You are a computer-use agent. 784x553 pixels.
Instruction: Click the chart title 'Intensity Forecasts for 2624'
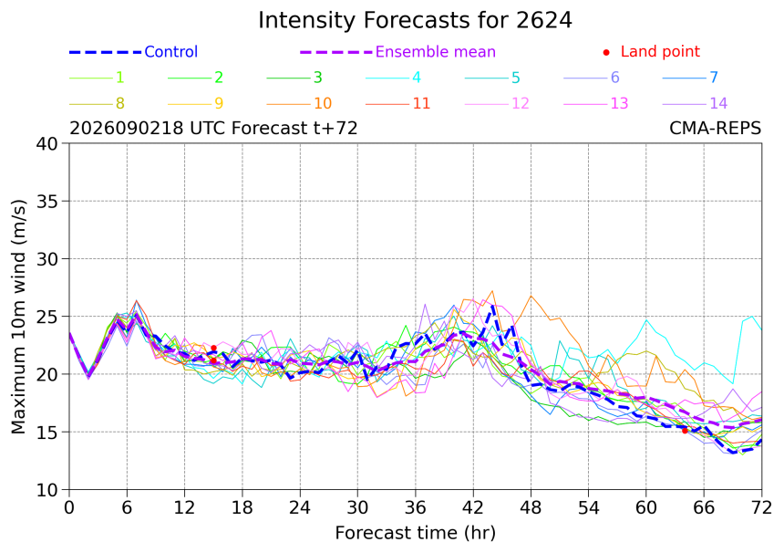(x=415, y=20)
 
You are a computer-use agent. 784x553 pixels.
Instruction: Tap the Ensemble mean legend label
(x=436, y=51)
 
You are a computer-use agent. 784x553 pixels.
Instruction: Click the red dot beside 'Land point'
(x=606, y=52)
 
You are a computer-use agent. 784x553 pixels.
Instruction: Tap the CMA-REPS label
(x=715, y=128)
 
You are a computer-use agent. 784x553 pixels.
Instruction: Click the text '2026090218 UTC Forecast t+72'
(x=213, y=128)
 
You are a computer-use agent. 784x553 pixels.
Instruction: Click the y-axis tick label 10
(x=48, y=490)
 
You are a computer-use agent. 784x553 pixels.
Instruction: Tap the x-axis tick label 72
(x=761, y=508)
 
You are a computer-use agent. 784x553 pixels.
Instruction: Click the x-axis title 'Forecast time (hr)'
(x=416, y=533)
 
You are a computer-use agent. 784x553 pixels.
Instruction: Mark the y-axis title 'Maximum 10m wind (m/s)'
(x=18, y=317)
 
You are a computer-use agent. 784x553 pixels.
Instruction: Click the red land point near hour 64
(x=685, y=431)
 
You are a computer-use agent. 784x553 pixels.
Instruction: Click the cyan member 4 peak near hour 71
(x=751, y=317)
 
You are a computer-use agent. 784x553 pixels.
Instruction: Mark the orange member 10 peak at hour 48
(x=531, y=296)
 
